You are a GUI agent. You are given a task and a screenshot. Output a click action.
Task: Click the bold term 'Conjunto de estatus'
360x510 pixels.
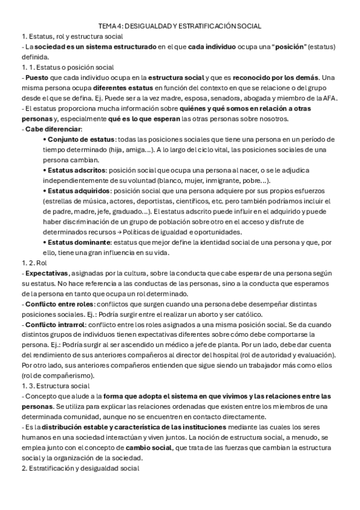(x=80, y=139)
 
